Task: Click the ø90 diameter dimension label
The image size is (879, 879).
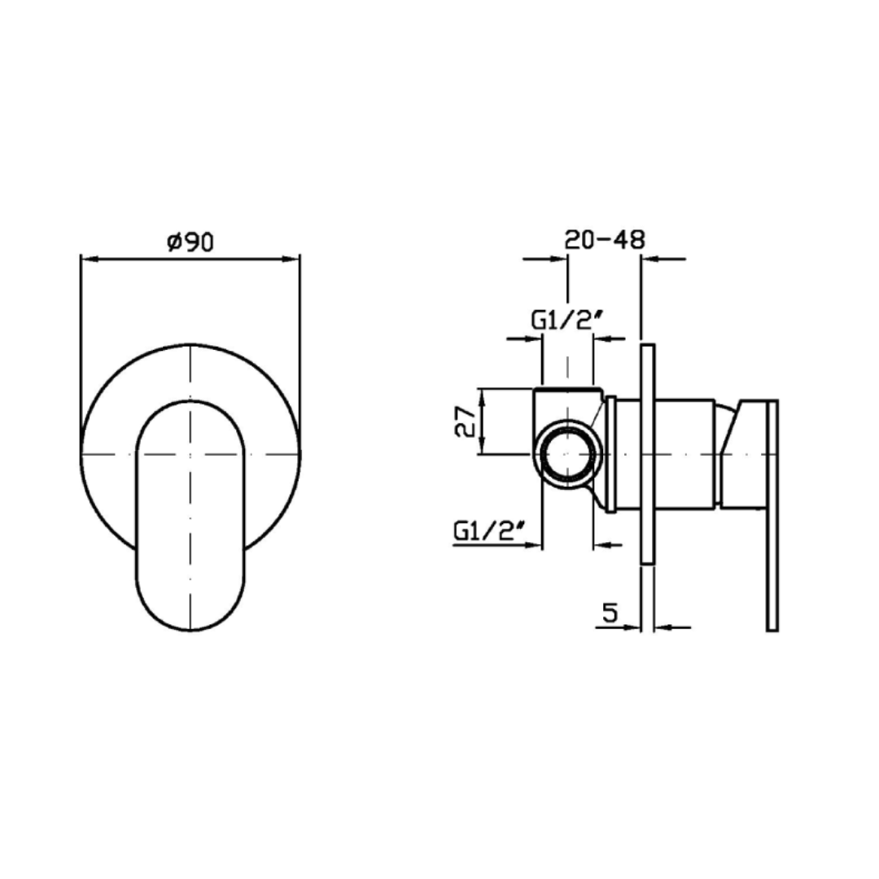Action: (x=190, y=242)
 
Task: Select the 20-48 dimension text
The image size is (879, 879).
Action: (x=604, y=239)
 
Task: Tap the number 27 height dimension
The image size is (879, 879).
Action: (x=465, y=421)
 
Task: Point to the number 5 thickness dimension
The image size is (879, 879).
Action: (x=610, y=612)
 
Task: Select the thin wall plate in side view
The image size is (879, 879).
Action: (x=647, y=454)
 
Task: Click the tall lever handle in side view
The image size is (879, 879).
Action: (x=772, y=516)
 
